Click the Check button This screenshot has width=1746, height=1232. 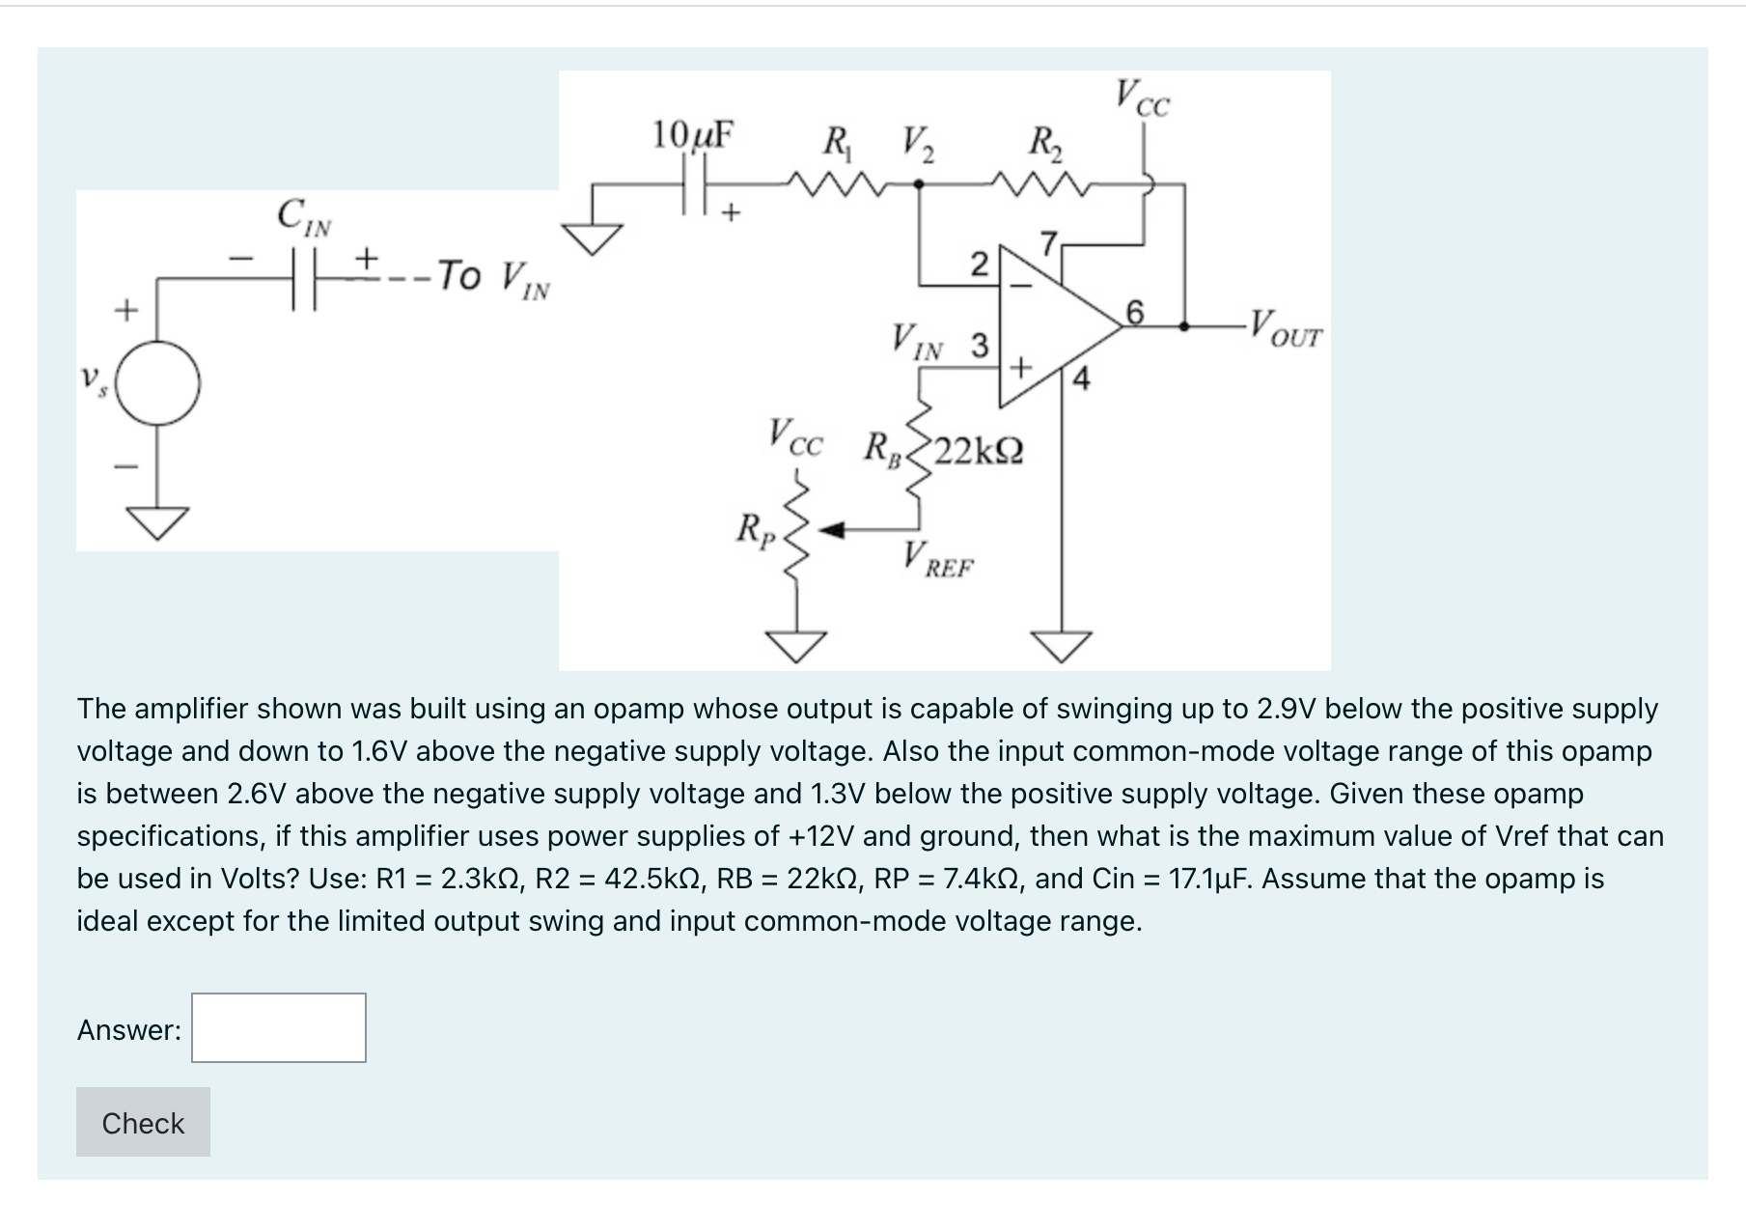click(x=143, y=1122)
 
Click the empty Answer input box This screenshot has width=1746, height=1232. click(x=279, y=1028)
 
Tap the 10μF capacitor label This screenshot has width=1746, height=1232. click(x=692, y=135)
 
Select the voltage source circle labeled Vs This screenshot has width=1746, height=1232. click(x=160, y=383)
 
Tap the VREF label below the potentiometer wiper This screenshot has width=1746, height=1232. click(x=938, y=560)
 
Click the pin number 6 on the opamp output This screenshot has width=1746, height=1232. click(x=1135, y=311)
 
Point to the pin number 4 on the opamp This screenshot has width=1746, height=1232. click(x=1081, y=379)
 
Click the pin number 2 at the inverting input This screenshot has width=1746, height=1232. click(x=978, y=264)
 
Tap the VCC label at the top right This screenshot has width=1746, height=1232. click(x=1143, y=98)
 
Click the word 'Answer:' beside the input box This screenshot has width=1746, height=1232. click(x=129, y=1030)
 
